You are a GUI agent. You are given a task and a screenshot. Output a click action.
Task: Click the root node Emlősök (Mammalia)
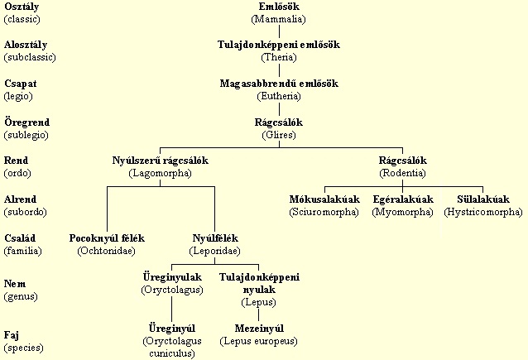278,12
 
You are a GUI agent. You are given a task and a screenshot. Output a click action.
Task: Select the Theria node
278,50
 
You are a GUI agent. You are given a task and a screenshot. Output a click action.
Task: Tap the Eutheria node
278,90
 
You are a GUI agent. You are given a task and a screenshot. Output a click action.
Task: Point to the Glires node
278,128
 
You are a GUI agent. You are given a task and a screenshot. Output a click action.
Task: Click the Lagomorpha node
161,167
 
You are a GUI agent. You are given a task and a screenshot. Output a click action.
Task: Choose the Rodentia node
402,167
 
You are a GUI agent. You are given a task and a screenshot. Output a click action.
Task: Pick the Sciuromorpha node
324,206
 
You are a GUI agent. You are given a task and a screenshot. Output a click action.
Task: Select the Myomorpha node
403,206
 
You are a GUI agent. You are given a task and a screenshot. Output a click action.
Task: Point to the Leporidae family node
215,244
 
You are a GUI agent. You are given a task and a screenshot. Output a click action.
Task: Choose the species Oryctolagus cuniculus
172,340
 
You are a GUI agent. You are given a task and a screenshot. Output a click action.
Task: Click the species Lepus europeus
259,334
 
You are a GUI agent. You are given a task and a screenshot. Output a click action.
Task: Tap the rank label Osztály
22,7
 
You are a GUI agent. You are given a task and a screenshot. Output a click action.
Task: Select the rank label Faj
12,336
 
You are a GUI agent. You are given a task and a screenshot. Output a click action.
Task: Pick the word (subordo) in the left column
26,211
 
